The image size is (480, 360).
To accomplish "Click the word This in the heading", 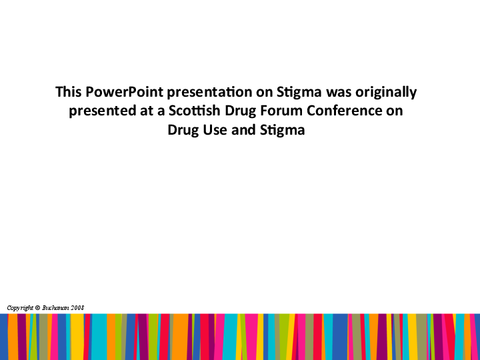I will pyautogui.click(x=69, y=92).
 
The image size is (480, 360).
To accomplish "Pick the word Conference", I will pyautogui.click(x=345, y=111).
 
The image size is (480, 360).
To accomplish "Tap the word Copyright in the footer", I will pyautogui.click(x=20, y=308).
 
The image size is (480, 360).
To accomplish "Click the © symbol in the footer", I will pyautogui.click(x=38, y=308).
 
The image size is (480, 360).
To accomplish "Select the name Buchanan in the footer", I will pyautogui.click(x=56, y=308).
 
